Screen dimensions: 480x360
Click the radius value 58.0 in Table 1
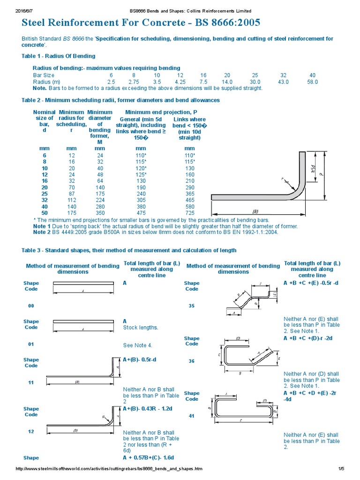click(312, 82)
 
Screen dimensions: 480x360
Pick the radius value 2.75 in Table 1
click(134, 82)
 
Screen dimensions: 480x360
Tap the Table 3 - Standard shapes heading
click(129, 250)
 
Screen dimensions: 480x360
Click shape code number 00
click(31, 306)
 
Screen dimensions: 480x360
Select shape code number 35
click(192, 306)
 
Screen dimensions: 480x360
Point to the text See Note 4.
click(138, 345)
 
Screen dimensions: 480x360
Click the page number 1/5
click(341, 469)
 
